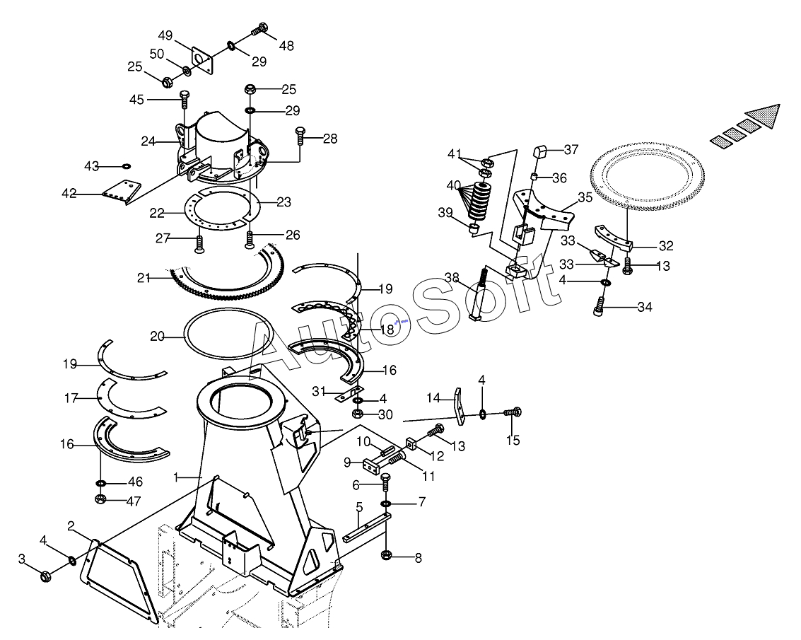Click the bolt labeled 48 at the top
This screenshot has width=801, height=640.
click(260, 30)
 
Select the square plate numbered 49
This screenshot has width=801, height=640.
click(204, 59)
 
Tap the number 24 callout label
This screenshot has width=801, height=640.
click(148, 141)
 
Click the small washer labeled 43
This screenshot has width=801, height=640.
click(126, 166)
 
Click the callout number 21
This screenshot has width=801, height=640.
click(144, 278)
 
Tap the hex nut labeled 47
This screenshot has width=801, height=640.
click(100, 500)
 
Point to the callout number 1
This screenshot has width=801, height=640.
click(176, 477)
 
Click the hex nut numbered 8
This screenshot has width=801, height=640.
click(387, 555)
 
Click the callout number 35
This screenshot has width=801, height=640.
click(585, 197)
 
